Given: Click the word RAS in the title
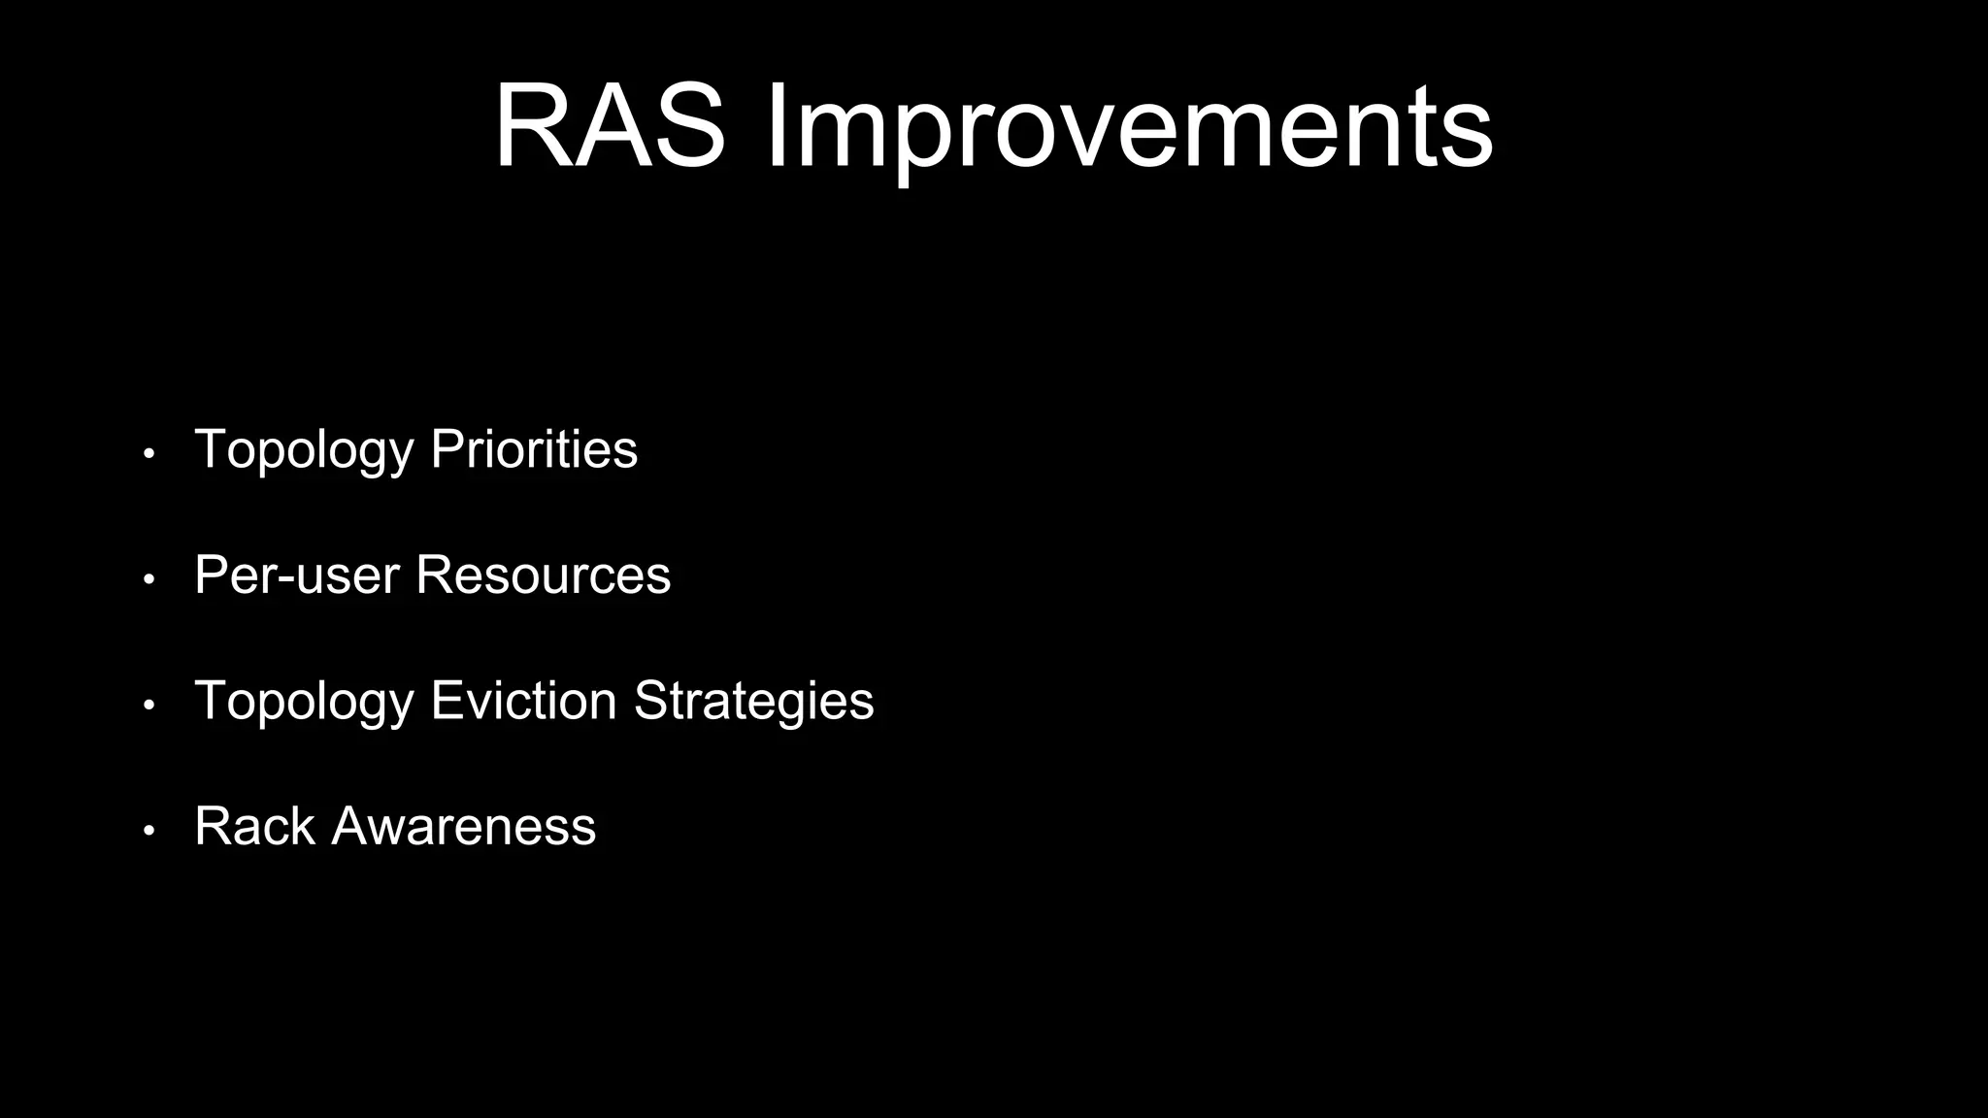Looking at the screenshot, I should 610,128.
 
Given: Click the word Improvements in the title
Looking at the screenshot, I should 1129,128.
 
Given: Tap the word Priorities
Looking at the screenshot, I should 534,449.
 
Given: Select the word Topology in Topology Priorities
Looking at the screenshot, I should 304,449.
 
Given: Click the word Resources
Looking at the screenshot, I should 543,575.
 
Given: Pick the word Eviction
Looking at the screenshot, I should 523,700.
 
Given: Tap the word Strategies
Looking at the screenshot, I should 754,700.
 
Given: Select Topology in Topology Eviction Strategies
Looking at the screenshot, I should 304,700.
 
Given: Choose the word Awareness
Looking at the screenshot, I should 464,826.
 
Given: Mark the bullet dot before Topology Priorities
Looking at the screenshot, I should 149,454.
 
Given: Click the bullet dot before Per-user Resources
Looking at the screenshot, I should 149,579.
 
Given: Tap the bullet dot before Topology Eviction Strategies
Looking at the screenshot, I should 149,705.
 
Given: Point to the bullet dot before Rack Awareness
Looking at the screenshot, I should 149,831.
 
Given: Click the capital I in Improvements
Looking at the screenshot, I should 776,128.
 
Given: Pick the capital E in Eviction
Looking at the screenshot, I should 446,700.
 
